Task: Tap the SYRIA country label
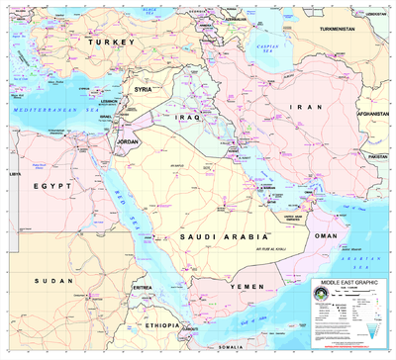point(145,89)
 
